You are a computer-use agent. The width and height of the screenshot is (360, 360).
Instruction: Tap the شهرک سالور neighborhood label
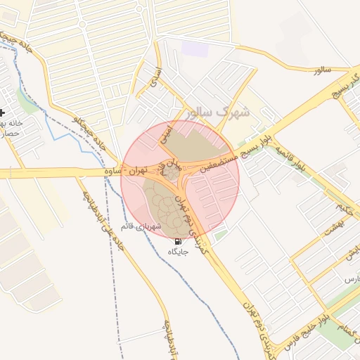pyautogui.click(x=224, y=111)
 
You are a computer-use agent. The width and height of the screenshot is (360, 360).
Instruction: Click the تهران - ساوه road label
pyautogui.click(x=123, y=171)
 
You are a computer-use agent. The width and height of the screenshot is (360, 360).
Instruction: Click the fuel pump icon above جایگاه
pyautogui.click(x=177, y=241)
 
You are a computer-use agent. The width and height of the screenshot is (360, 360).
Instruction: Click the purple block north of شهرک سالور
pyautogui.click(x=195, y=49)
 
